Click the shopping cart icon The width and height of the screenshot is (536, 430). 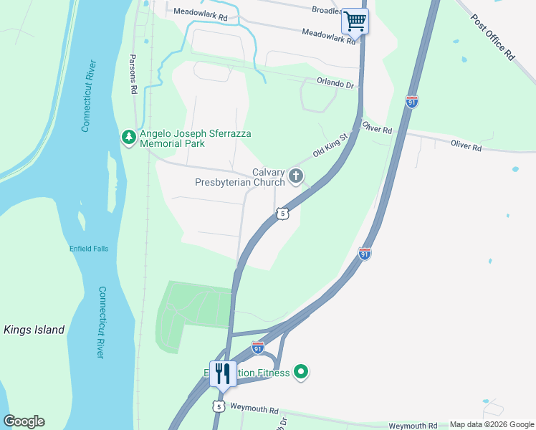click(355, 21)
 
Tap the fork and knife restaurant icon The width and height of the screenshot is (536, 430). click(223, 373)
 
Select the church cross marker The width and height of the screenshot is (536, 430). click(295, 176)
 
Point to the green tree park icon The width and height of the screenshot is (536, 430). click(129, 136)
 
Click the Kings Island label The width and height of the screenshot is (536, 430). click(34, 330)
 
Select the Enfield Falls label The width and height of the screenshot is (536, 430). click(88, 248)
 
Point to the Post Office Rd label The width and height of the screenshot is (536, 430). click(494, 38)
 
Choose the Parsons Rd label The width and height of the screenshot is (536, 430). click(133, 74)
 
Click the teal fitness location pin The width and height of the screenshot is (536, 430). click(302, 371)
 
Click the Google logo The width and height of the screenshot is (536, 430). click(24, 421)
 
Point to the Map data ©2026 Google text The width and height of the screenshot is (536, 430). click(492, 424)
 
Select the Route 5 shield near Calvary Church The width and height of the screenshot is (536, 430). click(284, 214)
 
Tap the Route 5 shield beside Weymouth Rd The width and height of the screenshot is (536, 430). click(218, 406)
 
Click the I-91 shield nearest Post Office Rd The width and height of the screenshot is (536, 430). click(412, 102)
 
